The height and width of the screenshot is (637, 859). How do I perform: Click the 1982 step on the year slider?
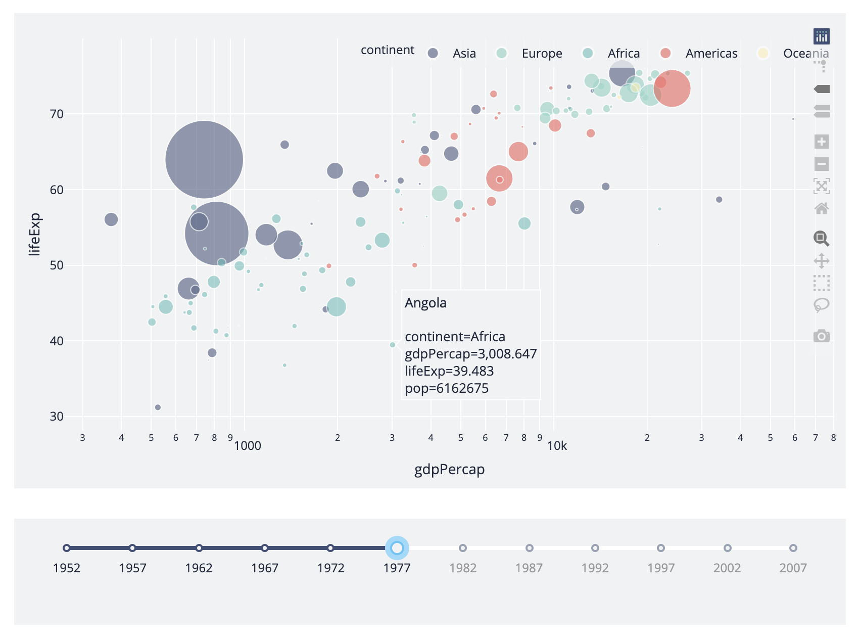coord(462,548)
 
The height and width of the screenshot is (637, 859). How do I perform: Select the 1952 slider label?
coord(67,568)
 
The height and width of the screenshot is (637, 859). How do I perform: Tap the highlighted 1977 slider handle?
coord(397,548)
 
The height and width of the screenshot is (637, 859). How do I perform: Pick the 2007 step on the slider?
coord(793,548)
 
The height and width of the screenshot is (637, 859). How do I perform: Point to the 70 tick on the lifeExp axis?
coord(57,114)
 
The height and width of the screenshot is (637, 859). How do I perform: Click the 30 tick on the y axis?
coord(57,417)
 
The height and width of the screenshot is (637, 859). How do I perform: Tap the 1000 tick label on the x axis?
coord(248,446)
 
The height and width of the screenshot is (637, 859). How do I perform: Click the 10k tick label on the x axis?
coord(557,446)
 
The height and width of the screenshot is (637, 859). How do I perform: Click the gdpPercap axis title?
coord(449,470)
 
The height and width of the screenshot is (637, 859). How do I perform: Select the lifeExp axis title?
coord(34,235)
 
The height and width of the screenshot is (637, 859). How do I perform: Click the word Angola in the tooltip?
coord(425,303)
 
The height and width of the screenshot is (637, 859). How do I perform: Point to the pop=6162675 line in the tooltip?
coord(447,388)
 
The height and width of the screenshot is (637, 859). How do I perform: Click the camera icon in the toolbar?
coord(822,336)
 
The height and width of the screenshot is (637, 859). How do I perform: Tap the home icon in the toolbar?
coord(822,208)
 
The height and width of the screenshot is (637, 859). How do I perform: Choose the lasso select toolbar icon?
coord(822,305)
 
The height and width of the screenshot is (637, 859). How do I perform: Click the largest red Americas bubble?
coord(672,88)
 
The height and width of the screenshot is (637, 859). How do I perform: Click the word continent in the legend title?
coord(387,50)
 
